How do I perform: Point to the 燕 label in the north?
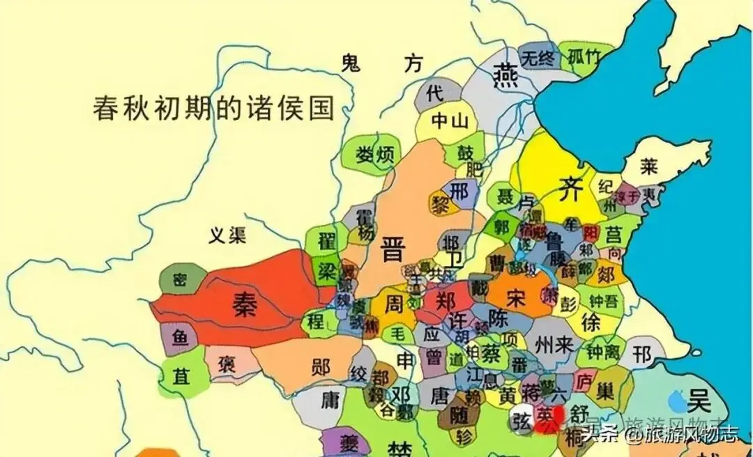coord(505,74)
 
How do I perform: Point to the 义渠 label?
coord(228,236)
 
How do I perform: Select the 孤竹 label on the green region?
coord(584,56)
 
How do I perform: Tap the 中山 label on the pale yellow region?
coord(448,121)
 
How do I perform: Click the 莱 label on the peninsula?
coord(649,167)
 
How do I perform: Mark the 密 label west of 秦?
coord(180,280)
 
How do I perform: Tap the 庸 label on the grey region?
coord(329,401)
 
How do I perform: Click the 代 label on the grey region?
coord(434,93)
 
